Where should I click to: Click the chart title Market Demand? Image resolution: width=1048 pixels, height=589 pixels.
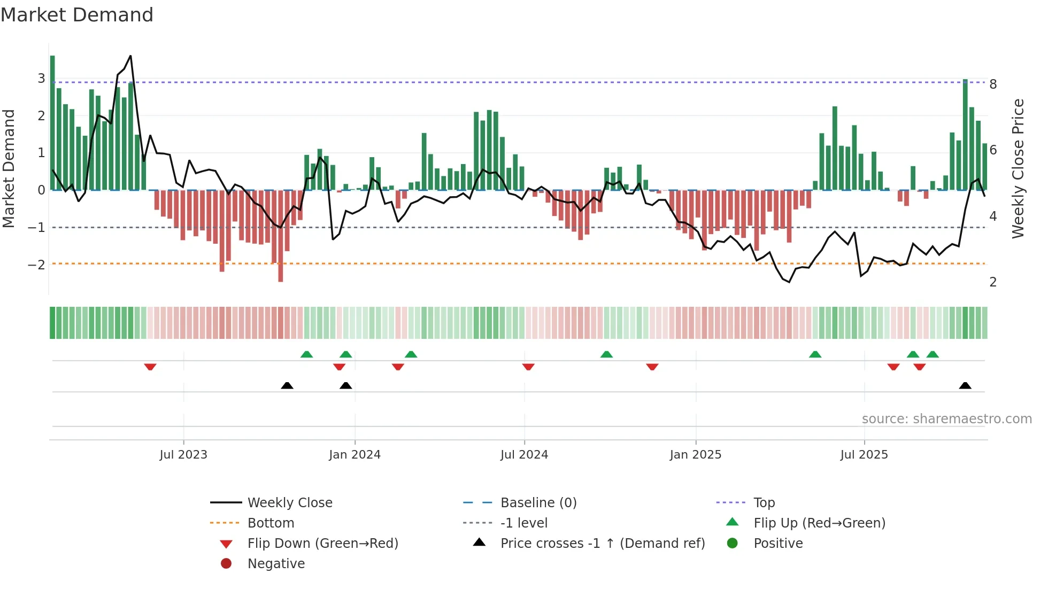pos(77,15)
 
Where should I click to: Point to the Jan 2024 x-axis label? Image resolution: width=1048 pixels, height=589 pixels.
pos(355,455)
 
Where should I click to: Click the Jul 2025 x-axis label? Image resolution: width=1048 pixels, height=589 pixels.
pos(864,455)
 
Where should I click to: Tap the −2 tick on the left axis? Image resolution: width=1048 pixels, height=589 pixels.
pos(36,265)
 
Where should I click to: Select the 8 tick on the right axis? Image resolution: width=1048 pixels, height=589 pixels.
pos(993,84)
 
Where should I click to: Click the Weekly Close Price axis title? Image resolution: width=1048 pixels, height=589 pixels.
pos(1018,168)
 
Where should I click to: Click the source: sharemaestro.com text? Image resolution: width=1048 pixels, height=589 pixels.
pos(946,418)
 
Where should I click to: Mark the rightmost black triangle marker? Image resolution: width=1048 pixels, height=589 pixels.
pos(965,385)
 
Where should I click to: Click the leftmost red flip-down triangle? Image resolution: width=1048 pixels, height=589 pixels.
pos(150,367)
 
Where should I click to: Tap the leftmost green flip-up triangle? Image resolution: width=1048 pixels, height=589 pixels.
pos(306,354)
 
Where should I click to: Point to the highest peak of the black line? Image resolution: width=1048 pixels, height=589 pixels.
pos(130,56)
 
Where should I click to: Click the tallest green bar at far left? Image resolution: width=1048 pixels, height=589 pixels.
pos(52,123)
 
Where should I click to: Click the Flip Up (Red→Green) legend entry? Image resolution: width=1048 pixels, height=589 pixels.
pos(819,523)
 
